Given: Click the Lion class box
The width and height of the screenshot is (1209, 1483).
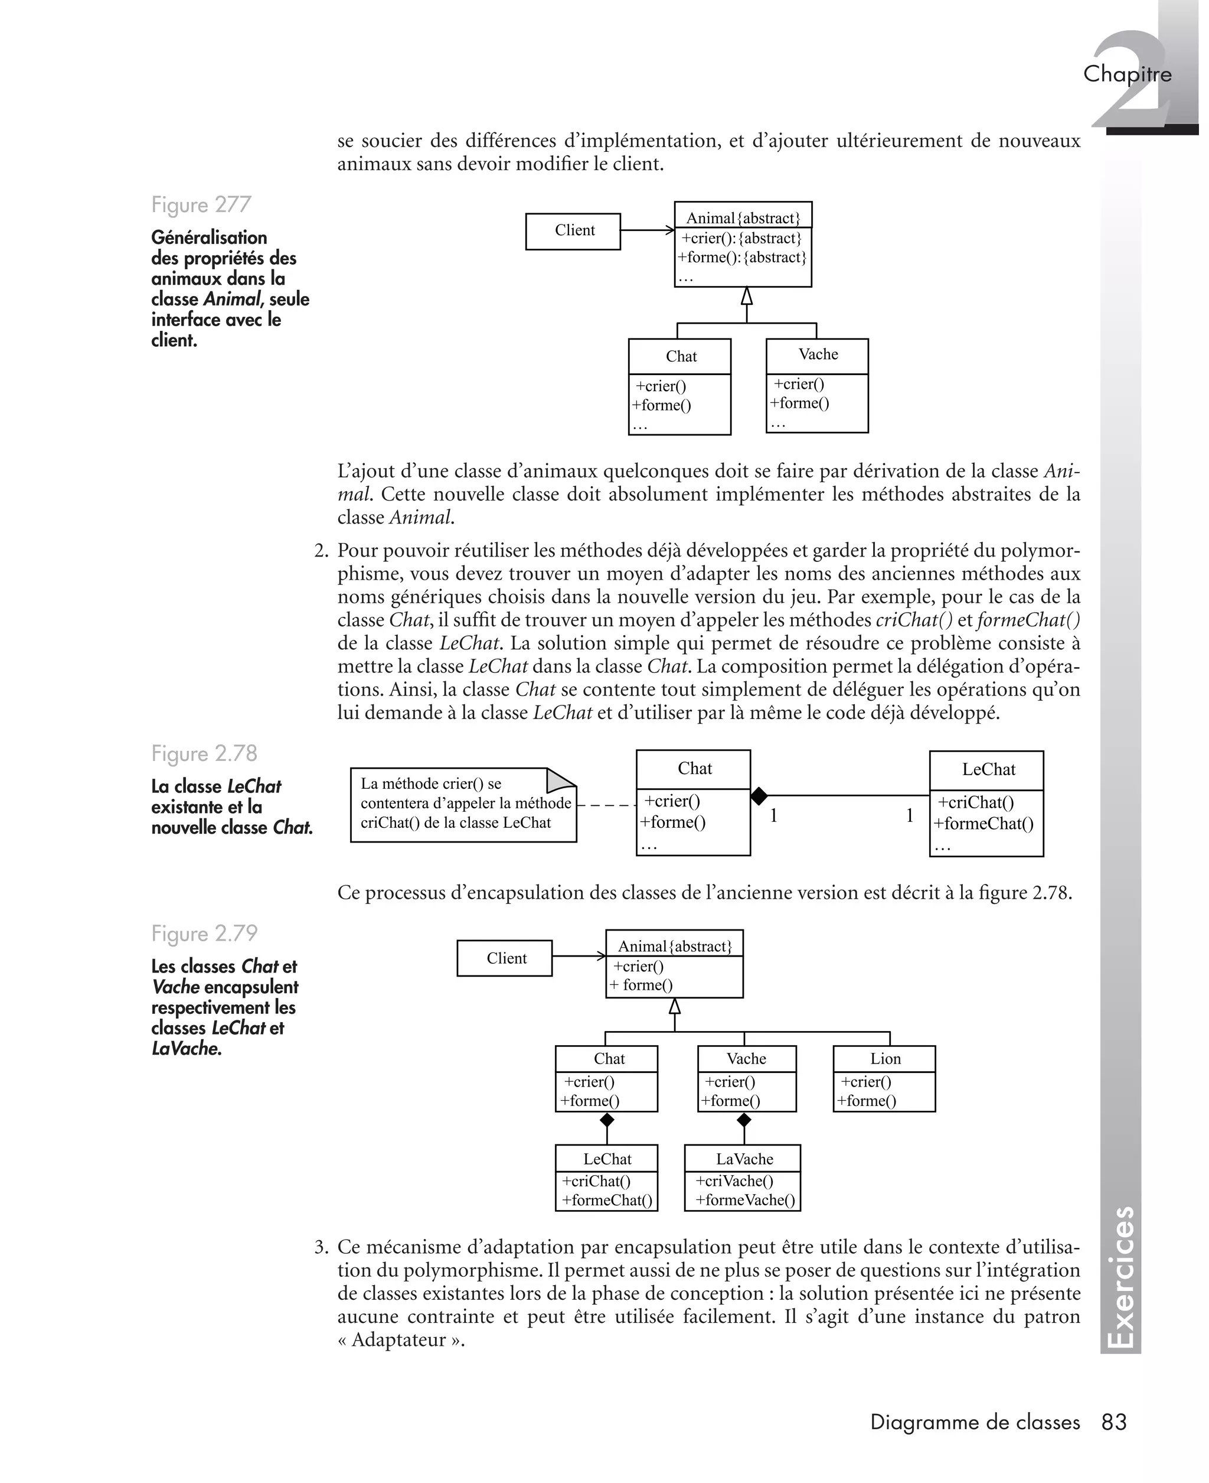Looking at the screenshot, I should click(x=884, y=1078).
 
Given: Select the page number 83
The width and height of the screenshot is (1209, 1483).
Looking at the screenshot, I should click(x=1113, y=1422).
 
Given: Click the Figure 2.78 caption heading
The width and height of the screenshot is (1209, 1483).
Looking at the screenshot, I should click(x=204, y=753).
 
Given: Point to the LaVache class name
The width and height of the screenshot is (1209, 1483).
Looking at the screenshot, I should click(x=744, y=1159).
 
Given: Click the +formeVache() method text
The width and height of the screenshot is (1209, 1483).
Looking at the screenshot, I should click(x=744, y=1199).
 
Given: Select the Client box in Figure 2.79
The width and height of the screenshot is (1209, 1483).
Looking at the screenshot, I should click(x=505, y=958).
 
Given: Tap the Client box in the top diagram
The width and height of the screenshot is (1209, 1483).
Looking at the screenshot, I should click(x=573, y=230).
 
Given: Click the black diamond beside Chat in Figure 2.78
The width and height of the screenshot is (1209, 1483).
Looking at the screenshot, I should click(x=759, y=795).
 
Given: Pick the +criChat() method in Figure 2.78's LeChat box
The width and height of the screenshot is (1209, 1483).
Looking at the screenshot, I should click(x=976, y=802).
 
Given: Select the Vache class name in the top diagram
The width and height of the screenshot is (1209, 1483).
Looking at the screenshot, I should click(x=818, y=355).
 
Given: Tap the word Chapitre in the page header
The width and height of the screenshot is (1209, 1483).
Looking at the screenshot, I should click(x=1127, y=74).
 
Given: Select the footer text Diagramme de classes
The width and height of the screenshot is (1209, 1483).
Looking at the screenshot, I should click(x=975, y=1422).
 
